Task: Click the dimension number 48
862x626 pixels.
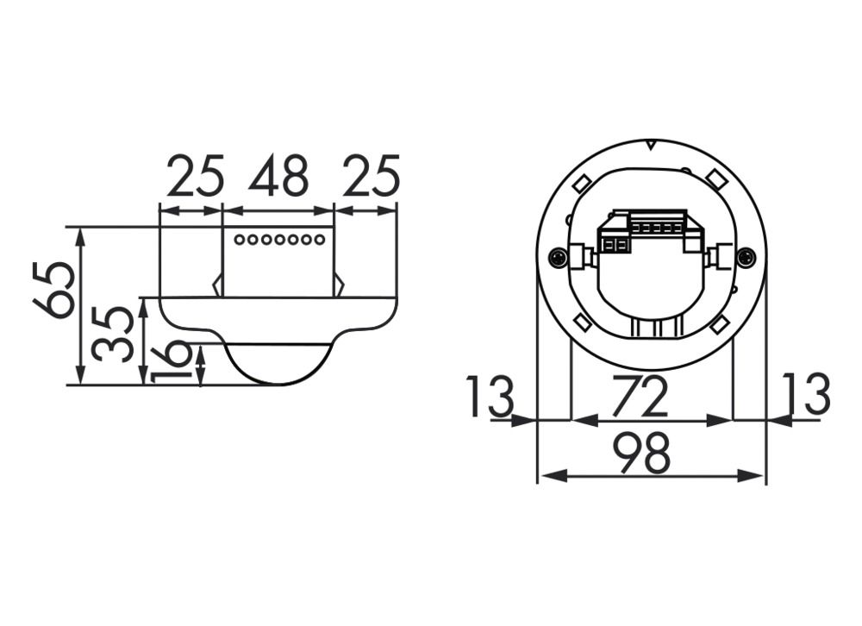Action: click(278, 177)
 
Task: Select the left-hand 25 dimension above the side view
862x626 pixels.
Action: click(195, 177)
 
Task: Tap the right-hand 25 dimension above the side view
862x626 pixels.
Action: click(371, 177)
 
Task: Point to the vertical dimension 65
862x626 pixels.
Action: click(53, 290)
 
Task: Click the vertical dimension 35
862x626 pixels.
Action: click(114, 332)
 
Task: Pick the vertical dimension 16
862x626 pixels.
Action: click(171, 360)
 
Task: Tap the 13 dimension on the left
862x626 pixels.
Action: click(490, 397)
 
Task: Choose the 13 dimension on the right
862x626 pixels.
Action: click(807, 397)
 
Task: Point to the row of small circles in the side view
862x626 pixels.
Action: click(279, 239)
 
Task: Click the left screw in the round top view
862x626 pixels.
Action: click(559, 256)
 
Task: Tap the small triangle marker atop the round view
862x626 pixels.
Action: click(651, 145)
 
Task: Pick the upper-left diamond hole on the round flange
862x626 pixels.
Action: click(581, 185)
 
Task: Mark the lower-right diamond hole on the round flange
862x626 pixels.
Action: click(720, 325)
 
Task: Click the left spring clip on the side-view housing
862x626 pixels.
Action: click(218, 285)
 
